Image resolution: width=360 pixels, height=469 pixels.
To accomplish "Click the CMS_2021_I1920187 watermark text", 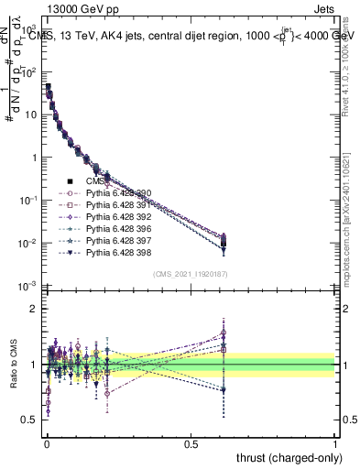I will pos(189,274).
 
